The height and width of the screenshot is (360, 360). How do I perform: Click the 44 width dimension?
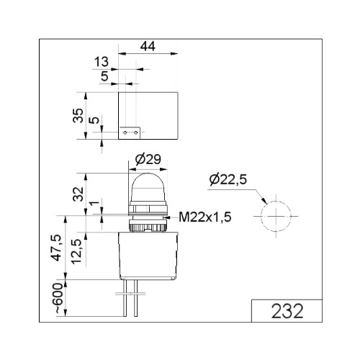148,46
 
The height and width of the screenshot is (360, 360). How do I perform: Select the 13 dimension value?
102,62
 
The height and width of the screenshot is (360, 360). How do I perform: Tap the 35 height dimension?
78,116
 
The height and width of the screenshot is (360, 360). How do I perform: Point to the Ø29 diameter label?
148,159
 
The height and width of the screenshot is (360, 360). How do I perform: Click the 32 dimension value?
78,194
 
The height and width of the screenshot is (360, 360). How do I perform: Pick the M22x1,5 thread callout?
205,217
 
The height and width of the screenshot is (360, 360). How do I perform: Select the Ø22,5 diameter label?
228,179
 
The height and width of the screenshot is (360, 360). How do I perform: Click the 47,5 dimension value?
58,248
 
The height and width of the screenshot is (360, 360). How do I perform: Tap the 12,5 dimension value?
78,251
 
